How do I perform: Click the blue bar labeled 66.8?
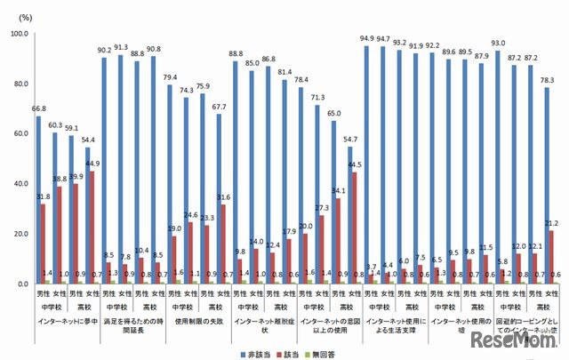pos(38,200)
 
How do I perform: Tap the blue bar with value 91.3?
pos(122,169)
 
